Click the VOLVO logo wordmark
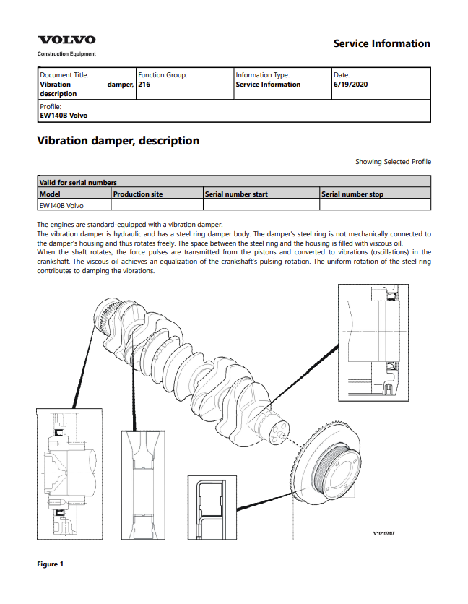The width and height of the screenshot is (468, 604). click(66, 40)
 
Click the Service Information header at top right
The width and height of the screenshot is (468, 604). click(381, 43)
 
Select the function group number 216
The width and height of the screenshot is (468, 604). click(144, 85)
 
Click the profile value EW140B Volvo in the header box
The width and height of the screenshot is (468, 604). click(64, 115)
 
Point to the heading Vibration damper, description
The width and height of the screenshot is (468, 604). click(118, 141)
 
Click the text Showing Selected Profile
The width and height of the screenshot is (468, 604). click(393, 162)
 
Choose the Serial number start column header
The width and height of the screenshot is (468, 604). click(236, 194)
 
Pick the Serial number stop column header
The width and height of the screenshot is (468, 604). click(352, 194)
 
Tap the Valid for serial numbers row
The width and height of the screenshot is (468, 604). click(78, 183)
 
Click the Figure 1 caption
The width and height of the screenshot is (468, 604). click(51, 564)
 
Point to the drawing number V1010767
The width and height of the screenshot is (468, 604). click(383, 534)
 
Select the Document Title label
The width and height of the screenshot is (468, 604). click(65, 74)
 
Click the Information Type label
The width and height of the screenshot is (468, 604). click(263, 74)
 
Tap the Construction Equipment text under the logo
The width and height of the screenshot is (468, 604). click(66, 54)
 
